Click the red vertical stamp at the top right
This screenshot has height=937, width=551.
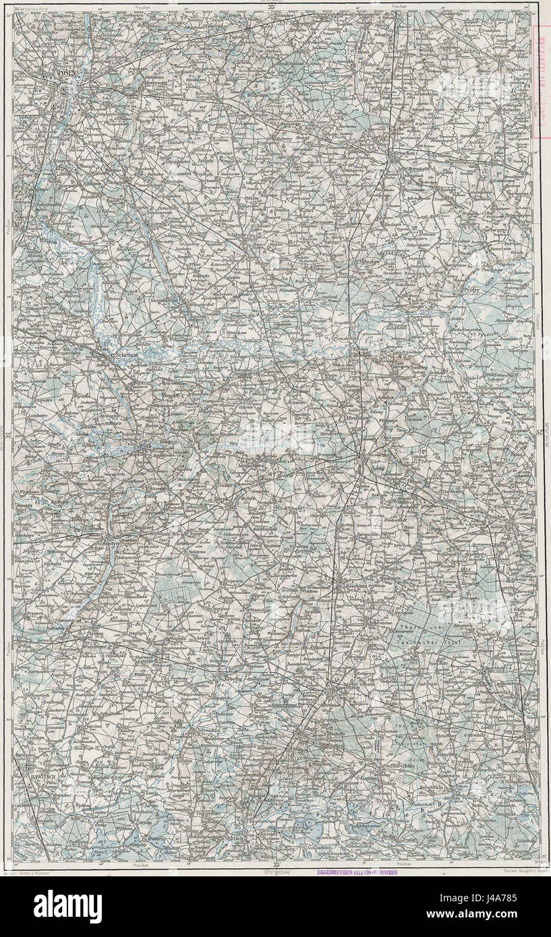point(542,81)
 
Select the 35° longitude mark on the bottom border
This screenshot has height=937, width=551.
point(274,865)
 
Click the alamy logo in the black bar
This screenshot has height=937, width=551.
point(67,906)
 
